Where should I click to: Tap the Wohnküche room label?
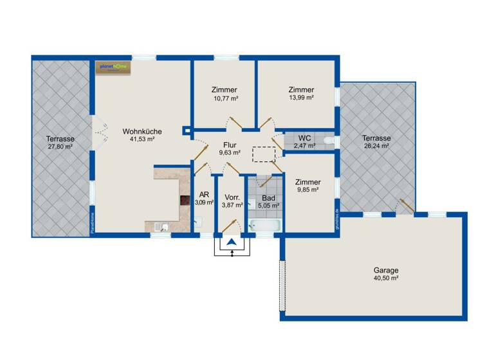click(x=142, y=131)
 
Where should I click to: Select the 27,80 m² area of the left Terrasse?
click(x=60, y=147)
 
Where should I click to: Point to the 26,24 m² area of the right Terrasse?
click(x=376, y=145)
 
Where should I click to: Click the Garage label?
click(x=386, y=271)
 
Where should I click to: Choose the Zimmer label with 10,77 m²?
click(x=224, y=90)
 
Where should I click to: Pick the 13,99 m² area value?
click(x=301, y=98)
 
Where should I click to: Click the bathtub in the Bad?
click(x=264, y=225)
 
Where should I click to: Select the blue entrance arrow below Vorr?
click(x=231, y=244)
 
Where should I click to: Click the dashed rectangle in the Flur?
click(x=264, y=154)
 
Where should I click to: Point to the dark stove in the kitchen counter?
click(x=185, y=201)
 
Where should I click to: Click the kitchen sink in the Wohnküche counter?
click(x=162, y=226)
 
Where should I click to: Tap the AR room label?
click(x=203, y=194)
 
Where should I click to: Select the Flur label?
click(x=230, y=145)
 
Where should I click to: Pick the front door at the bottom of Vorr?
click(x=231, y=227)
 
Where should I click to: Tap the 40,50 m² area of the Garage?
click(x=386, y=279)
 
